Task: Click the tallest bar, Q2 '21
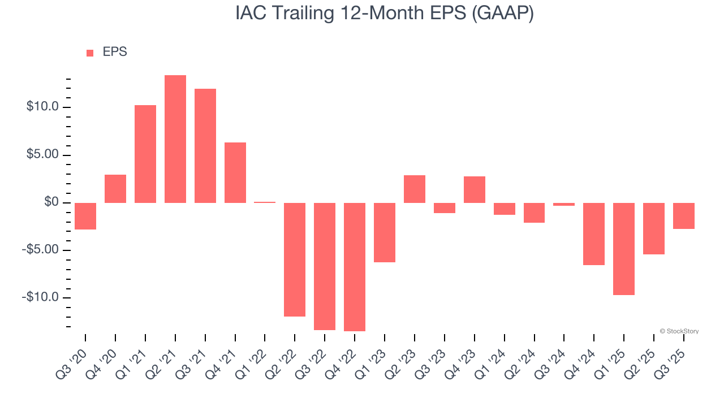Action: (x=175, y=139)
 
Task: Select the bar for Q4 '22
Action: (x=355, y=267)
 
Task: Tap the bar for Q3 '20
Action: (x=85, y=216)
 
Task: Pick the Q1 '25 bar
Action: (x=624, y=249)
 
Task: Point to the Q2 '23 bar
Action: (x=415, y=189)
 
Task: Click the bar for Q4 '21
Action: (x=235, y=172)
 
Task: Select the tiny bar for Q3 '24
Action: (x=564, y=204)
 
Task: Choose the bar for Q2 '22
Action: (x=295, y=259)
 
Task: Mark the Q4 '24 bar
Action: (x=594, y=234)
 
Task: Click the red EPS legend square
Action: (x=90, y=53)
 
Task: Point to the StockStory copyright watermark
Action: (x=679, y=331)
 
